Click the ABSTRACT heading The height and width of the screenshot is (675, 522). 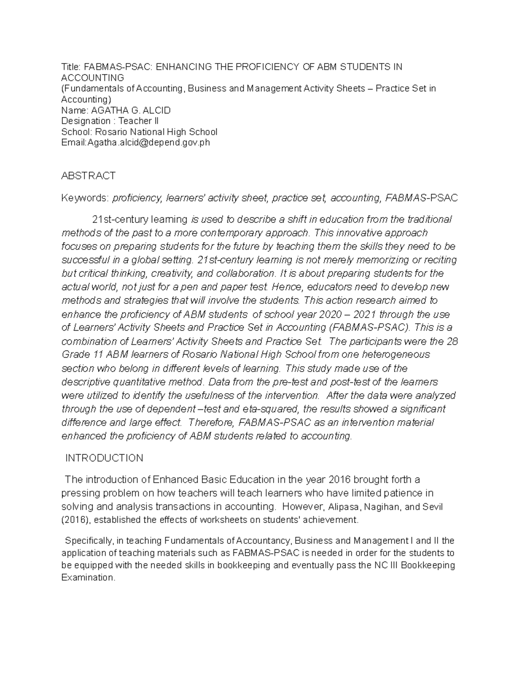tap(88, 176)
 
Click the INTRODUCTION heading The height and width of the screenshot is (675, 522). tap(104, 458)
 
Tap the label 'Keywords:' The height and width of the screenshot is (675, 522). tap(85, 198)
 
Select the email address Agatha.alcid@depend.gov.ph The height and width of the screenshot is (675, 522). tap(149, 143)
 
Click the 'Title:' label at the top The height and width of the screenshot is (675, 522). tap(71, 67)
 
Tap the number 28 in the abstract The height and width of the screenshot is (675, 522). tap(452, 341)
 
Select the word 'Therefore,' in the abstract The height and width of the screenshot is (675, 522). tap(213, 422)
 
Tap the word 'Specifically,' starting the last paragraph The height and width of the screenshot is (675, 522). tap(89, 541)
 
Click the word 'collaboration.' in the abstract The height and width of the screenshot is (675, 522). tap(244, 273)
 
